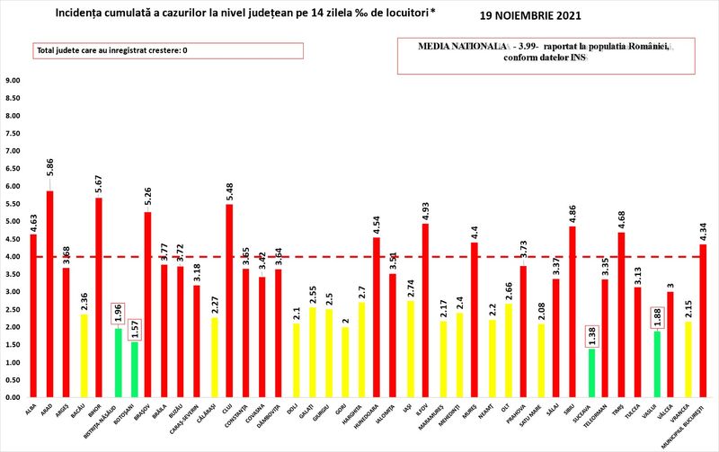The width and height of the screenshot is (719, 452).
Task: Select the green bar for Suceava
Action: tap(590, 372)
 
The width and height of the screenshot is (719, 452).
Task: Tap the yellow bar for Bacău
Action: tap(84, 355)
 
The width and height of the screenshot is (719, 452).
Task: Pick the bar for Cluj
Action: tap(230, 300)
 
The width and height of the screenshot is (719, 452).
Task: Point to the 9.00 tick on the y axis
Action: tap(13, 81)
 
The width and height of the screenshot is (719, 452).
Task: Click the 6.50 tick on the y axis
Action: tap(13, 169)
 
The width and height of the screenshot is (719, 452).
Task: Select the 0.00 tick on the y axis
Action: tap(13, 397)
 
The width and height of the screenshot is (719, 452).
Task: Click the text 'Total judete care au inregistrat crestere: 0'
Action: tap(112, 50)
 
